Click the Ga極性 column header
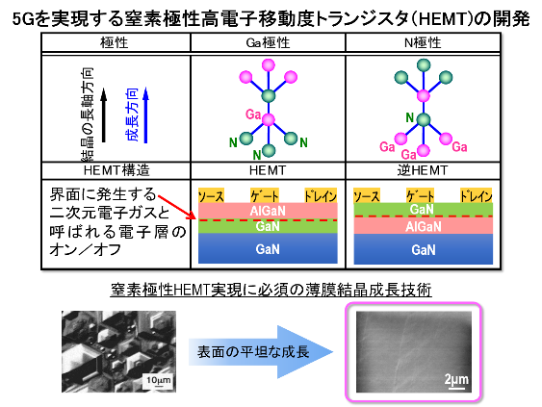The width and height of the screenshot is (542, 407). coord(268,43)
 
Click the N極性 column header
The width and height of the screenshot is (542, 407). coord(423,43)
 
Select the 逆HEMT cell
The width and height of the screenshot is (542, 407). coord(423,170)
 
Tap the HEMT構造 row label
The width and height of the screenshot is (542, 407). coord(116,170)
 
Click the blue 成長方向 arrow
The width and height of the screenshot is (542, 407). coord(146,114)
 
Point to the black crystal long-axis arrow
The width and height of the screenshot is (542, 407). coord(103,115)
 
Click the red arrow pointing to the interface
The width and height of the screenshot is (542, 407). coord(177,207)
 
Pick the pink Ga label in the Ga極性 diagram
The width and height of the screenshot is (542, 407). coord(253,114)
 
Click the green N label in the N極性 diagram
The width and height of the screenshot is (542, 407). coord(410,117)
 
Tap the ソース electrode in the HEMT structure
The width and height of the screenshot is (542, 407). coord(211,195)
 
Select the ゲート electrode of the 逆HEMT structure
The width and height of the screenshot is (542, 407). coord(420,195)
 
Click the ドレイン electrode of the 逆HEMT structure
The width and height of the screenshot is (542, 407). coord(476,195)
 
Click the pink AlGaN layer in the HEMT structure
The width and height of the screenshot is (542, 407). coord(268,211)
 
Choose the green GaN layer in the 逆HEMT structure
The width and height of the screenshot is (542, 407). coord(423,210)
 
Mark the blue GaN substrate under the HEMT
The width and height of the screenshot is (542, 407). coord(268,248)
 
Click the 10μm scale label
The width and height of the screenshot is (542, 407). coord(159,380)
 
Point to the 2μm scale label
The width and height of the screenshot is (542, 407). coord(456,380)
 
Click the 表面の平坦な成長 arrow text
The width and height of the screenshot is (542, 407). coord(253,352)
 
